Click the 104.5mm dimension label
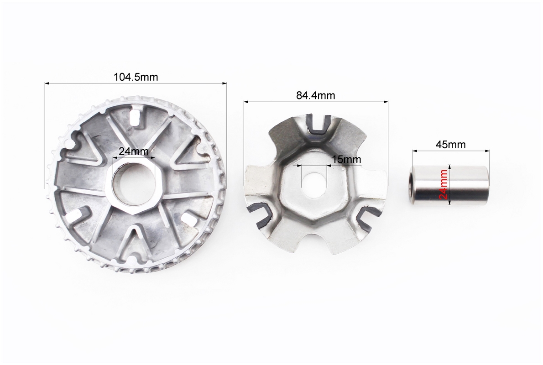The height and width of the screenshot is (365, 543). (136, 77)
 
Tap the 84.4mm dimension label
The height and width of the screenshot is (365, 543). (315, 95)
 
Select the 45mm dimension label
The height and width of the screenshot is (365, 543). (450, 145)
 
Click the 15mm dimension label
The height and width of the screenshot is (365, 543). (346, 160)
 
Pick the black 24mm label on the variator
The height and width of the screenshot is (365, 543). (134, 151)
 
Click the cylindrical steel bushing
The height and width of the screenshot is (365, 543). (449, 185)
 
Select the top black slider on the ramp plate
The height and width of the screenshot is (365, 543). (318, 126)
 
